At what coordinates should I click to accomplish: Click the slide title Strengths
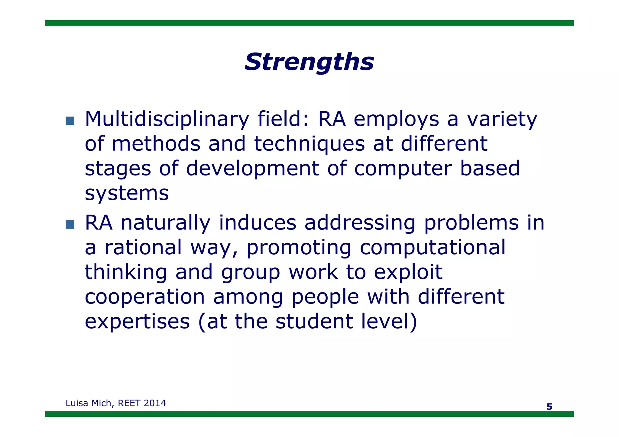click(x=309, y=62)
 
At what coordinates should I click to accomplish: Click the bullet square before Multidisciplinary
click(x=70, y=121)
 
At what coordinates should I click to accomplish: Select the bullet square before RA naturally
click(x=70, y=224)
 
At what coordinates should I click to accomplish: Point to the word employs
click(x=396, y=119)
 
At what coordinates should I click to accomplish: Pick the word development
click(x=252, y=169)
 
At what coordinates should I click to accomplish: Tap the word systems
click(x=127, y=193)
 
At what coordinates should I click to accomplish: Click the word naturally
click(x=165, y=223)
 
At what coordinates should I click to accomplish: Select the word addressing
click(x=360, y=223)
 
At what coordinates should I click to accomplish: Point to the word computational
click(x=433, y=248)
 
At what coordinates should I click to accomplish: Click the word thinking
click(x=126, y=272)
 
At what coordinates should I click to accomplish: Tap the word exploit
click(x=408, y=272)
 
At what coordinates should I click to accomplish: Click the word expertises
click(x=137, y=322)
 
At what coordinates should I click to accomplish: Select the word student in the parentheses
click(x=314, y=321)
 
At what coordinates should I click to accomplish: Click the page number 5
click(x=549, y=407)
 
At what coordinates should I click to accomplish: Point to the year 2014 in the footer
click(x=154, y=403)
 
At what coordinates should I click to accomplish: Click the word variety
click(x=502, y=119)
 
